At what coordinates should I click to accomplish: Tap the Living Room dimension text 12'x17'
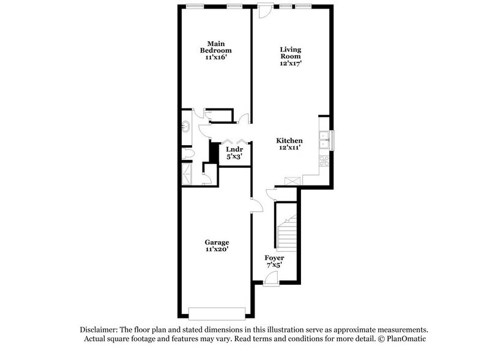click(291, 63)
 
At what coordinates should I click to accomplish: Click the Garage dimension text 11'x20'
click(217, 249)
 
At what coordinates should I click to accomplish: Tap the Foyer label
click(274, 258)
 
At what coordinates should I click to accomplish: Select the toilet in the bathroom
click(188, 154)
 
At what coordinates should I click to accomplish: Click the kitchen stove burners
click(325, 162)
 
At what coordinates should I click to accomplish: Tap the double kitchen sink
click(324, 140)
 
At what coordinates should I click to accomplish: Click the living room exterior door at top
click(264, 11)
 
